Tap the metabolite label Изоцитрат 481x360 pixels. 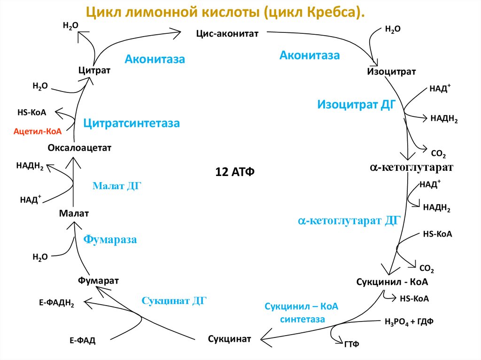click(x=391, y=71)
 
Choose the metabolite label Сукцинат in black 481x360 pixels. click(x=229, y=338)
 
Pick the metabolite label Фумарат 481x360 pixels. click(x=98, y=280)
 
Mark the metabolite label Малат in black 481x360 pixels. click(x=74, y=213)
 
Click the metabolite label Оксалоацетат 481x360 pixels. click(x=79, y=148)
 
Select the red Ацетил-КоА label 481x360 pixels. click(x=38, y=132)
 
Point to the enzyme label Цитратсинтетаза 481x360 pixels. click(x=132, y=124)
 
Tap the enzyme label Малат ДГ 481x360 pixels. click(x=117, y=186)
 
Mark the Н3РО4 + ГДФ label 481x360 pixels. click(x=409, y=322)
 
